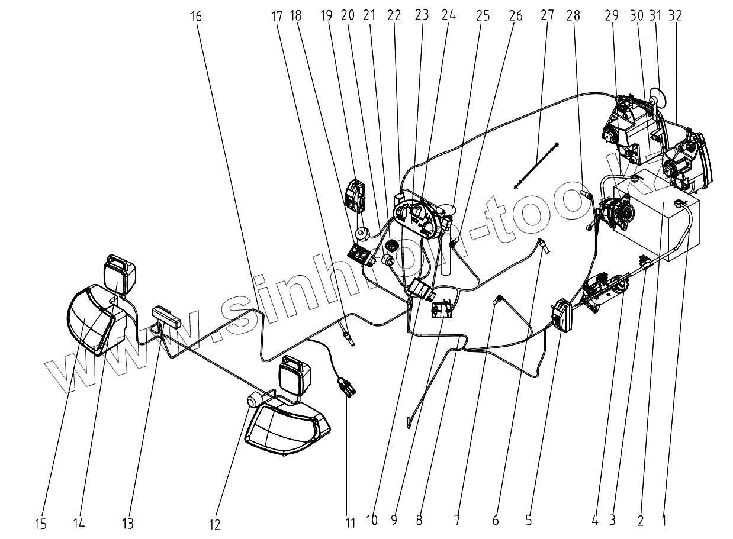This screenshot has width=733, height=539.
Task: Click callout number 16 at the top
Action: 197,17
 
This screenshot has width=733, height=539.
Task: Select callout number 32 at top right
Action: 674,16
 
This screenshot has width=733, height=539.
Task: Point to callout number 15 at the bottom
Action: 41,523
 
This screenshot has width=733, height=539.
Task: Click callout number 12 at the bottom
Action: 214,524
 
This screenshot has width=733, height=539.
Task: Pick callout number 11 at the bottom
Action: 351,523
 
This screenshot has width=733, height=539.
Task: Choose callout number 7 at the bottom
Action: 456,521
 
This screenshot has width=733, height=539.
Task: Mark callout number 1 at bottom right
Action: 664,521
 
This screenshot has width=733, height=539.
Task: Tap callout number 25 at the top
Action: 483,16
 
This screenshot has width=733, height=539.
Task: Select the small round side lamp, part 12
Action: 253,401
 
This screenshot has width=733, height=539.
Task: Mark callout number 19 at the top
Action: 326,16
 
